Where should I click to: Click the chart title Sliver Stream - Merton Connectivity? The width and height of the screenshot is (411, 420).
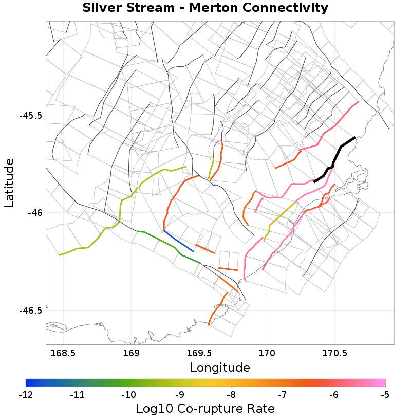click(x=206, y=8)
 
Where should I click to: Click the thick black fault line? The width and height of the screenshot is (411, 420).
click(x=334, y=159)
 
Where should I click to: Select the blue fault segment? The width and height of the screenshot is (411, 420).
click(x=178, y=241)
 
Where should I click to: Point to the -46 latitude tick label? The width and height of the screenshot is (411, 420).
click(x=34, y=213)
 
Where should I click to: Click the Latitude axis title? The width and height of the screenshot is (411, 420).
click(x=10, y=182)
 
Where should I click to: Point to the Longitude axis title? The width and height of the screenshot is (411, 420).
click(x=220, y=368)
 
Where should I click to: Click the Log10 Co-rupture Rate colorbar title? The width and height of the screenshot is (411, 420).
click(x=206, y=409)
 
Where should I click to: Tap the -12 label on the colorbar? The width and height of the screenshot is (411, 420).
click(x=26, y=395)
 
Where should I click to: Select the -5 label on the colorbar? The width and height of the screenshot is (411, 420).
click(x=385, y=395)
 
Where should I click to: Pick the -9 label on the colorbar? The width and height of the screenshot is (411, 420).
click(x=180, y=395)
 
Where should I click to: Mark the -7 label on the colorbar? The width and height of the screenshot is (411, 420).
click(x=283, y=395)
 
